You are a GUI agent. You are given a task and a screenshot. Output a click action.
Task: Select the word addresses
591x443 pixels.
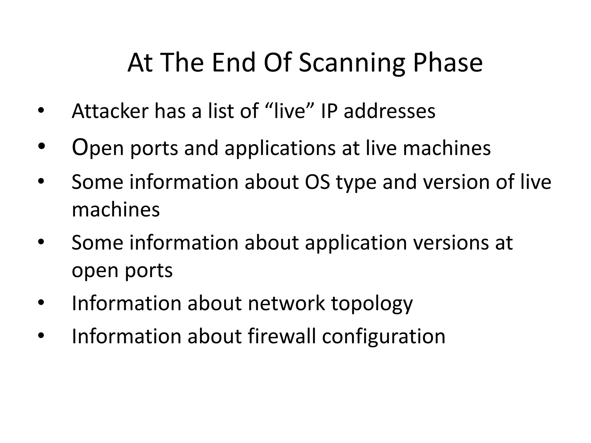coord(390,111)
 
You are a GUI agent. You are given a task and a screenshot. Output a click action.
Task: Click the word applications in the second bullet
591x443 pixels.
coord(280,149)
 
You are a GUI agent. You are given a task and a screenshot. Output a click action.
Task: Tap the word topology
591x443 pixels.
coord(372,304)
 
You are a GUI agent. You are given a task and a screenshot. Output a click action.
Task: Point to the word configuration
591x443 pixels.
coord(384,337)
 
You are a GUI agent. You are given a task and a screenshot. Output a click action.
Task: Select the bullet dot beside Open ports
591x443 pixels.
coord(41,146)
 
